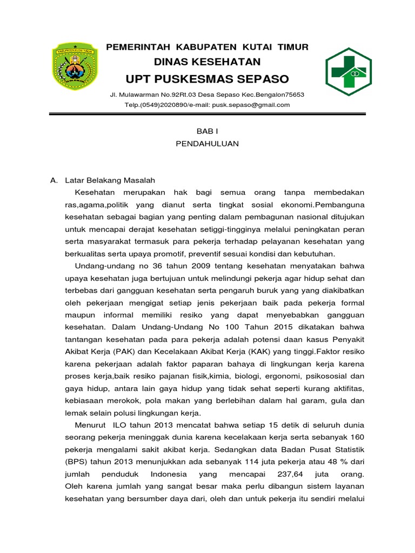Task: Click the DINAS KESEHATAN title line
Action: pos(207,62)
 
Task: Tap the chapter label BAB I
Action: pos(207,131)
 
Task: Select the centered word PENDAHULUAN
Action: pos(207,144)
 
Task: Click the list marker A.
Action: pos(53,180)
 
